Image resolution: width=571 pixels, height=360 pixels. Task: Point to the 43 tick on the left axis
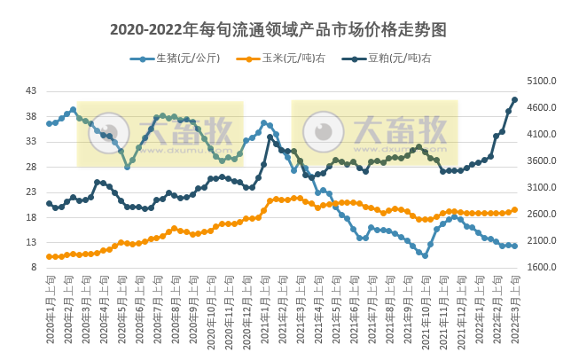point(31,91)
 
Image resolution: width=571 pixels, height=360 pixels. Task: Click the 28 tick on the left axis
point(31,167)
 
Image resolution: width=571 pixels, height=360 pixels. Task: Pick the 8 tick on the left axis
point(34,268)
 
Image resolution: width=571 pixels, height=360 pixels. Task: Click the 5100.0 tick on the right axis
point(541,81)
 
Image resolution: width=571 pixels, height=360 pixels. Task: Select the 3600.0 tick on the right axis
point(541,161)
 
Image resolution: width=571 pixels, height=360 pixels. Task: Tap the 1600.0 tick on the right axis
point(541,268)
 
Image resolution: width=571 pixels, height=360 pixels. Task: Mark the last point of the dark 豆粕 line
point(515,100)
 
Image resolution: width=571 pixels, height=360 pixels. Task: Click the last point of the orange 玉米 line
point(515,210)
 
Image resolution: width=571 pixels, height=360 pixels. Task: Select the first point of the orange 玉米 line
point(49,256)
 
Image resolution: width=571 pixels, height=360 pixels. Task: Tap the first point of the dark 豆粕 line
point(49,203)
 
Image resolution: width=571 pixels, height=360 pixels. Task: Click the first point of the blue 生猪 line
point(49,123)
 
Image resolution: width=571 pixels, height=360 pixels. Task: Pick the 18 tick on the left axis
point(31,217)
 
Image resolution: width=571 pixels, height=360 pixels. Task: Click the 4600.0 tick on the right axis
point(541,107)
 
